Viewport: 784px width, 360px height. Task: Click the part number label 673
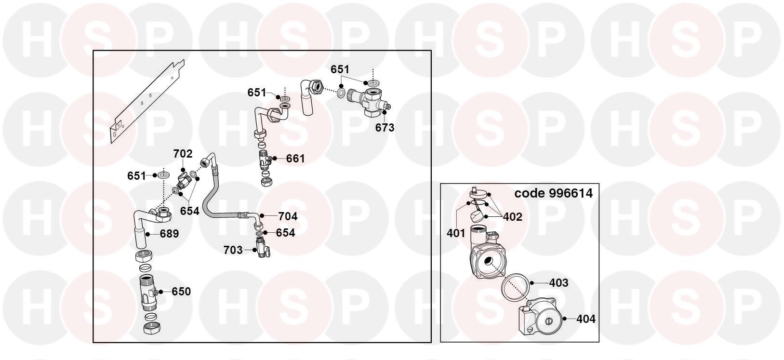pos(385,128)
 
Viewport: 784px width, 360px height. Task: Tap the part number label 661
pos(295,159)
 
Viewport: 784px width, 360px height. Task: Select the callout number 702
pos(183,154)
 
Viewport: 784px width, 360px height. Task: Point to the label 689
pos(170,234)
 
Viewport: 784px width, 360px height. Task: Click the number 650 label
pos(181,292)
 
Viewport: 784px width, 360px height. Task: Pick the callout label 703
pos(233,250)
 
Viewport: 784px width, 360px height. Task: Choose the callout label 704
pos(288,216)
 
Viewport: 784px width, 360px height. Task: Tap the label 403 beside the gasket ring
pos(558,282)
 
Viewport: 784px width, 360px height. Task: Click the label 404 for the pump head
pos(586,319)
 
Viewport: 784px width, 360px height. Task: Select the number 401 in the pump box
pos(456,233)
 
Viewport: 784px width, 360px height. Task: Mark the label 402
pos(513,217)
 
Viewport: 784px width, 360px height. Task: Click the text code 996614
pos(554,193)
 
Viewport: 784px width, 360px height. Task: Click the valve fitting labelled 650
pos(148,293)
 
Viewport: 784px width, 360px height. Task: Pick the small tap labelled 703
pos(262,247)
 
